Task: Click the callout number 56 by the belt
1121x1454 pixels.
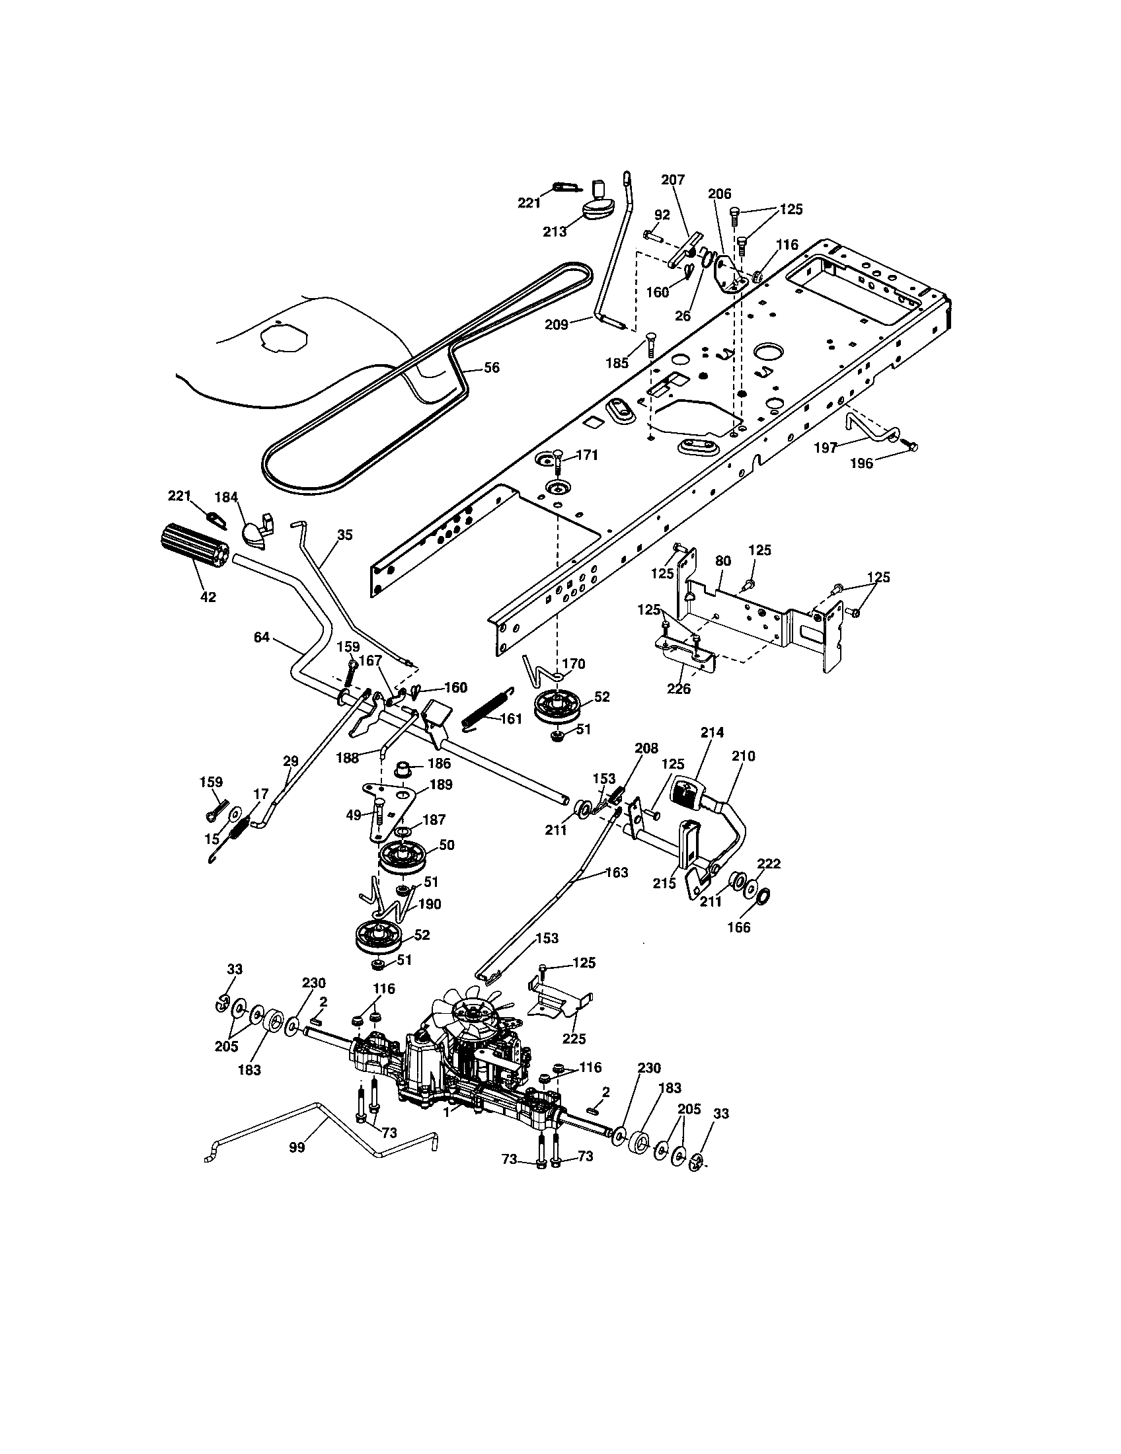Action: [x=490, y=368]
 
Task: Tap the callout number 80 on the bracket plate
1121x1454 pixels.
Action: [x=723, y=561]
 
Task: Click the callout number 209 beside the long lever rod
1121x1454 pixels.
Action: [x=557, y=325]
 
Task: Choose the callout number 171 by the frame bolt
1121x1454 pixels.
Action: [x=587, y=455]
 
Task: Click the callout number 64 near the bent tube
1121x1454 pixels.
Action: [x=262, y=637]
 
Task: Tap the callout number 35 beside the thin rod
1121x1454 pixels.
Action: [x=345, y=535]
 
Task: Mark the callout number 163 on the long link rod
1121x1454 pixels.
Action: [x=617, y=872]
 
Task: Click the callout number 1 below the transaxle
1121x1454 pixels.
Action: [x=447, y=1110]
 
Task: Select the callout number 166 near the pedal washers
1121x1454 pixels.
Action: [x=739, y=927]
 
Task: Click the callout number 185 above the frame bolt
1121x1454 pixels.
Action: [x=617, y=363]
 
